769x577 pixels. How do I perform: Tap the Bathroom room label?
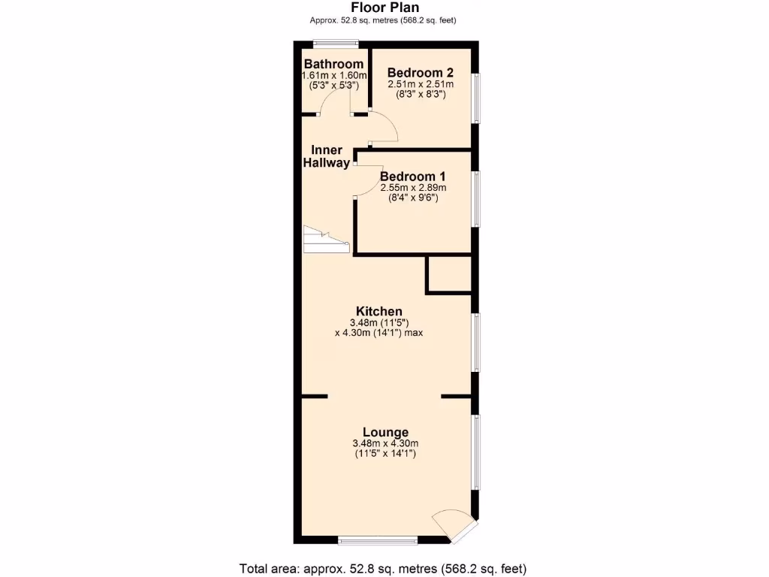click(x=333, y=65)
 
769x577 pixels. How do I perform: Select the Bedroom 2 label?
click(x=420, y=73)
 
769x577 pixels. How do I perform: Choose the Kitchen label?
click(x=379, y=311)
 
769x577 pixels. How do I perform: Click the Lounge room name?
click(x=385, y=432)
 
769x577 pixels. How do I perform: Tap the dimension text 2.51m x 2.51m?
click(x=417, y=85)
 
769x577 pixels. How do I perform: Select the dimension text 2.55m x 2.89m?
click(x=413, y=188)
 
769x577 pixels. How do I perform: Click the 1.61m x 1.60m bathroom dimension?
click(x=333, y=76)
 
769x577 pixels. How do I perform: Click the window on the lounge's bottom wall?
click(x=378, y=540)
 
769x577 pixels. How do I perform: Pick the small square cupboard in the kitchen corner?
click(x=449, y=274)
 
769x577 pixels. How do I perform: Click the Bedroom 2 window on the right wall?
click(x=475, y=98)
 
